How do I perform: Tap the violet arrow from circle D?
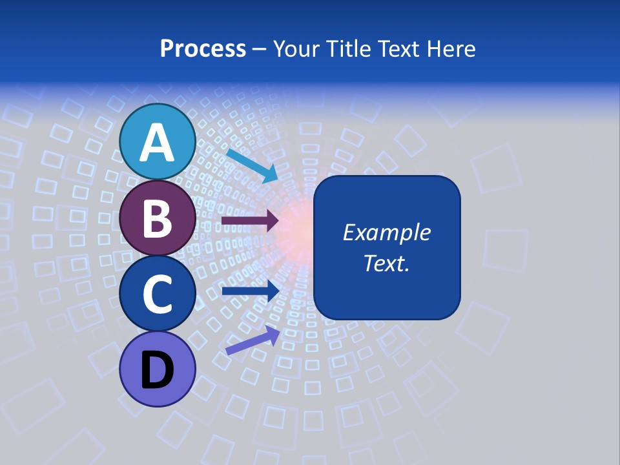pyautogui.click(x=253, y=340)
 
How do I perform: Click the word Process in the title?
pyautogui.click(x=203, y=49)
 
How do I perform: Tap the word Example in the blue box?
pyautogui.click(x=386, y=232)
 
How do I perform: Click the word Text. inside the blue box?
pyautogui.click(x=386, y=263)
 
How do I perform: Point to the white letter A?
pyautogui.click(x=157, y=143)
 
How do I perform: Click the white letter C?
pyautogui.click(x=157, y=294)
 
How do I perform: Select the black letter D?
pyautogui.click(x=157, y=370)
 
